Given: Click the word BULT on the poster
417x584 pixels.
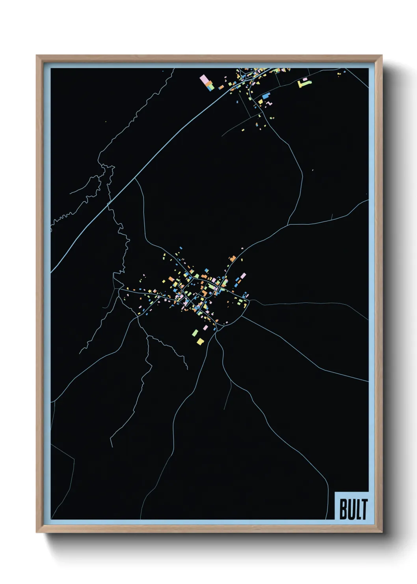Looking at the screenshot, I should (x=353, y=509).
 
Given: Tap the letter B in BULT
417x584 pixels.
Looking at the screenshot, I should (x=343, y=509).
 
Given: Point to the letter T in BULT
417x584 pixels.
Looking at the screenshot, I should (x=364, y=509).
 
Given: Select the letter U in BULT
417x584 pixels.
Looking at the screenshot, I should (x=350, y=509).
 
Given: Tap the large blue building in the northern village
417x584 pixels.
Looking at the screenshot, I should (x=266, y=95).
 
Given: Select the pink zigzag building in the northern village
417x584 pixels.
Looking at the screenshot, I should (x=270, y=103).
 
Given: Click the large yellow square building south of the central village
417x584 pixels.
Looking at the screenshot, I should (x=200, y=341).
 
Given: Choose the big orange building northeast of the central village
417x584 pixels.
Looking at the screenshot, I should (x=233, y=259).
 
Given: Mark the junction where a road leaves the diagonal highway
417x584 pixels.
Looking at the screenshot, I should (x=135, y=178).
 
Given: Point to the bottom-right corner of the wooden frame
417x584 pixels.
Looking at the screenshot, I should (x=382, y=532).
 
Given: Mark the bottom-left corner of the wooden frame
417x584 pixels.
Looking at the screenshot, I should (x=37, y=532).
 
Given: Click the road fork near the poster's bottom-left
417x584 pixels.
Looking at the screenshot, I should (x=74, y=459).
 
